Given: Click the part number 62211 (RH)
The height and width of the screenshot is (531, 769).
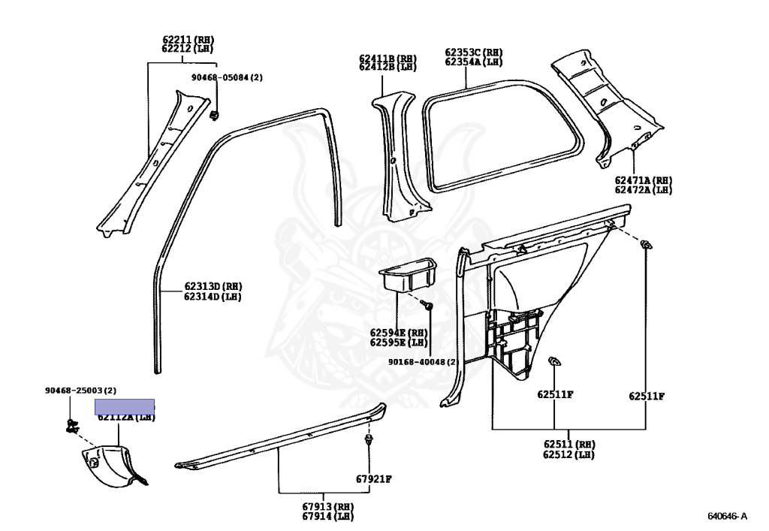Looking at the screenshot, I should click(187, 39).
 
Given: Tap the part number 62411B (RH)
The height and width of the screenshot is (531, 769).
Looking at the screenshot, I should click(387, 58).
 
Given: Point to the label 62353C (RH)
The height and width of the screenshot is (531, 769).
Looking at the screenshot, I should click(473, 53).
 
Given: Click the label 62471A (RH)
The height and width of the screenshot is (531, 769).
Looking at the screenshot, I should click(643, 180).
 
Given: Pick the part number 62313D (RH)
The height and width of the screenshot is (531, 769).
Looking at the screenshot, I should click(213, 286).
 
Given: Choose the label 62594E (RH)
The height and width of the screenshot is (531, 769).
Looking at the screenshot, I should click(398, 332).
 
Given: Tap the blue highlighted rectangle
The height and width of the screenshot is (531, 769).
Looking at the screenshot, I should click(125, 407).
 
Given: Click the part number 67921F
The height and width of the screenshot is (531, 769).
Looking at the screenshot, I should click(374, 478).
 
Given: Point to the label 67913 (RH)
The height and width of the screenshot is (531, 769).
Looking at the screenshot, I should click(328, 506).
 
